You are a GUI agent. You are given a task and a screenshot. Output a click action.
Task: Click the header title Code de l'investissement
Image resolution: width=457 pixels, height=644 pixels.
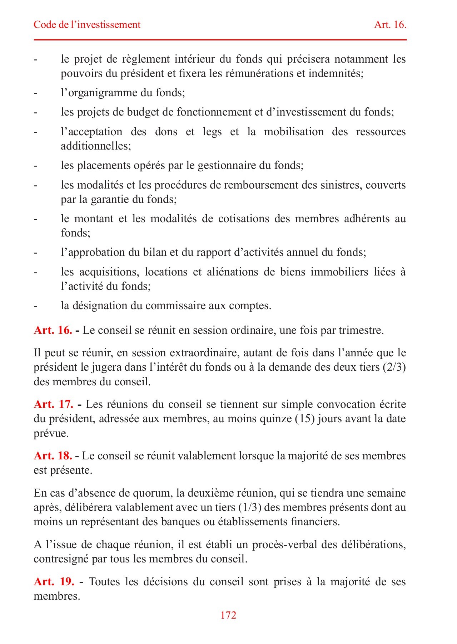point(87,25)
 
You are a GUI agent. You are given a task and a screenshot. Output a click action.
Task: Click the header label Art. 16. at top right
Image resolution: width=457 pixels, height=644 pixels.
point(390,25)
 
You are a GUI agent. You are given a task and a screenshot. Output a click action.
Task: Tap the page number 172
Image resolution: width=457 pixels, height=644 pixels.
point(228,615)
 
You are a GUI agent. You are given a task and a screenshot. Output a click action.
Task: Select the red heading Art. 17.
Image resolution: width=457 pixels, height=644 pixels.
point(54,404)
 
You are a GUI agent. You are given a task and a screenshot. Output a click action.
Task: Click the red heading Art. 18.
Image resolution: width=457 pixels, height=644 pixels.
point(53,456)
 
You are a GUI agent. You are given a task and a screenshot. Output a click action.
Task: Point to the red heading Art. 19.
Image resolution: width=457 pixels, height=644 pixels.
point(54,582)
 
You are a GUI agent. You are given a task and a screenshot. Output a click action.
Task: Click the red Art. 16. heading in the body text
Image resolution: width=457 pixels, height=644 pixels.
point(53,330)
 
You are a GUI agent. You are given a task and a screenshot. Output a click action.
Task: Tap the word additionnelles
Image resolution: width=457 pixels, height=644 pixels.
point(95,146)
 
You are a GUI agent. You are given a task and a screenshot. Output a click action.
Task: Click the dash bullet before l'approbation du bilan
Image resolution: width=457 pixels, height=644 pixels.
point(35,253)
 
